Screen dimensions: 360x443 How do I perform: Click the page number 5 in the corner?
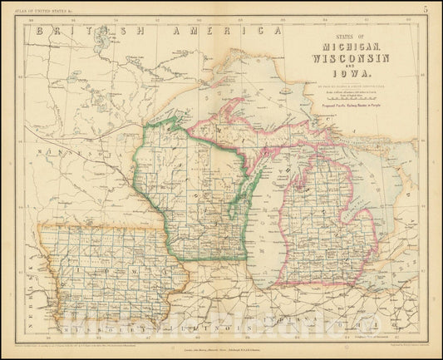click(425, 10)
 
